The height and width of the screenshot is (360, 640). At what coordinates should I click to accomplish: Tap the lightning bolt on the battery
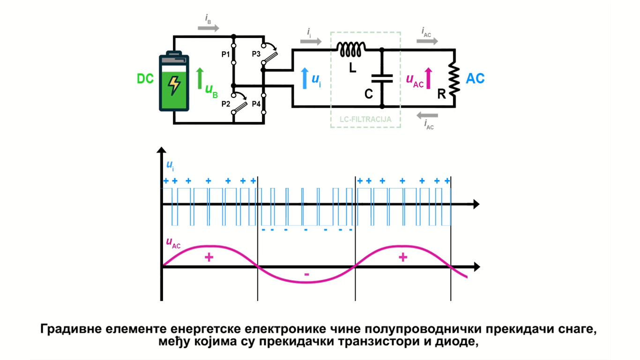click(x=174, y=85)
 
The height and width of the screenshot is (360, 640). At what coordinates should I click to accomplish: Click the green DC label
click(x=145, y=79)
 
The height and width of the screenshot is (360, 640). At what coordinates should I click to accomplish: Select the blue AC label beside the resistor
click(x=475, y=78)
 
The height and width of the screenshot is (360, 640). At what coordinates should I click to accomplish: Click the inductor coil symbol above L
click(x=351, y=48)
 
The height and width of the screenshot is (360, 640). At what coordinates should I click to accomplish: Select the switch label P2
click(x=226, y=104)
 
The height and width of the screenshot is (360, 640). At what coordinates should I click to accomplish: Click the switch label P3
click(x=256, y=54)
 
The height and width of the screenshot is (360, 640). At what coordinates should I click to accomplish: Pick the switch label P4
click(x=256, y=104)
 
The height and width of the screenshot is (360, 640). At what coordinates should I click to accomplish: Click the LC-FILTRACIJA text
click(x=365, y=119)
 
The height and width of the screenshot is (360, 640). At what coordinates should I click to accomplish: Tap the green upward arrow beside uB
click(x=200, y=78)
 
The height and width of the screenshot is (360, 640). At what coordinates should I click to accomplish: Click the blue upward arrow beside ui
click(x=305, y=78)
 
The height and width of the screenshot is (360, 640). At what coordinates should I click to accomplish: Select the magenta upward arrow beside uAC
click(x=428, y=78)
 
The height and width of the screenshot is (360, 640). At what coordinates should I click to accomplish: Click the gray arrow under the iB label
click(x=208, y=28)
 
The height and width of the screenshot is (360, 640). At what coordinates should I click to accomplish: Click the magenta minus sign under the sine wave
click(x=306, y=274)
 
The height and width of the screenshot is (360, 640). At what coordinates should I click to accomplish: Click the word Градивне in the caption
click(x=68, y=329)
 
